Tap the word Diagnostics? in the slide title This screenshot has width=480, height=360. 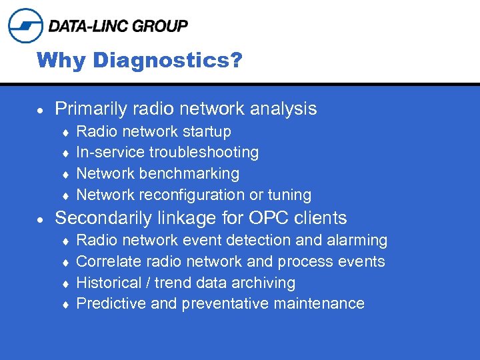(168, 61)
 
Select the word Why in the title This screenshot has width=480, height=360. (62, 61)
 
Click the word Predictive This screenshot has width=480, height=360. (108, 304)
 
